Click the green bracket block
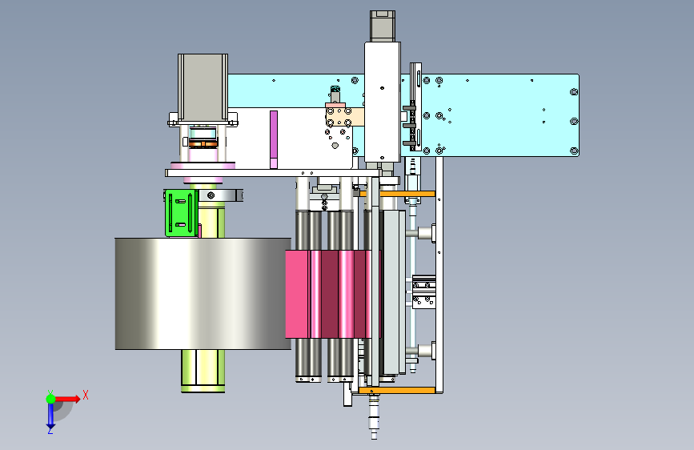pos(181,213)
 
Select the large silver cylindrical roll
pos(203,294)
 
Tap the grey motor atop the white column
pos(383,26)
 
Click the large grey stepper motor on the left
pos(203,88)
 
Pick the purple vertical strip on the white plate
pos(274,139)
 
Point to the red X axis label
pos(86,395)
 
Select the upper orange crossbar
pos(398,194)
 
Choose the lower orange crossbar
pos(397,390)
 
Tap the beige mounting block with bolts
pos(344,116)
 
